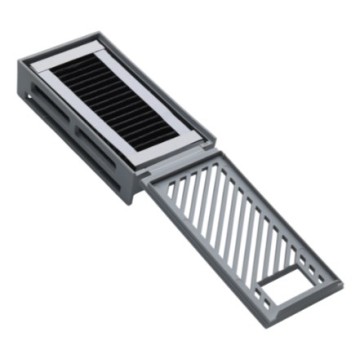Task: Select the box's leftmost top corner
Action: click(x=19, y=64)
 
